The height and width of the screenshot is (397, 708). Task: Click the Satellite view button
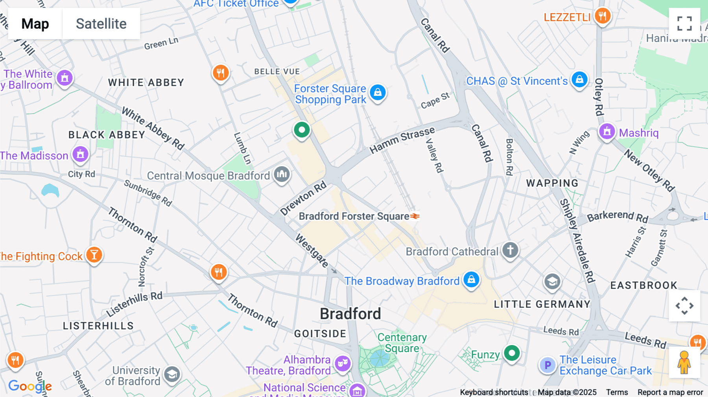(x=101, y=24)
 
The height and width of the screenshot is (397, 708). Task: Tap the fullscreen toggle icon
(x=684, y=24)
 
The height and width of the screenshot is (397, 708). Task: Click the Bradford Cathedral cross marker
(x=510, y=250)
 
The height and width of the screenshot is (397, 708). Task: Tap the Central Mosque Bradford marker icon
(x=282, y=174)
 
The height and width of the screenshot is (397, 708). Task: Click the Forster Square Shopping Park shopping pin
(x=378, y=93)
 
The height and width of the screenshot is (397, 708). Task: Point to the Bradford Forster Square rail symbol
(x=415, y=216)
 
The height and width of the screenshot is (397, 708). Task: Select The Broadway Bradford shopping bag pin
(x=471, y=280)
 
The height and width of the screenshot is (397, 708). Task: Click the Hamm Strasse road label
(x=402, y=140)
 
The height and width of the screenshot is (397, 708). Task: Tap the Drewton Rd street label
(x=303, y=198)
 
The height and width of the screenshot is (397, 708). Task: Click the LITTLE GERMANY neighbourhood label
(x=542, y=304)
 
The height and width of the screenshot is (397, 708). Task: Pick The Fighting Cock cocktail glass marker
(x=94, y=255)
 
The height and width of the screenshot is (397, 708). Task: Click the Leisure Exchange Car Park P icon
(x=548, y=365)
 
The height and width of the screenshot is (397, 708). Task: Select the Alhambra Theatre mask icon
(x=342, y=364)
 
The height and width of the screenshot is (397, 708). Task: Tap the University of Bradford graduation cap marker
(x=172, y=375)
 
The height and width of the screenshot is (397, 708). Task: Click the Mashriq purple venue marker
(x=607, y=132)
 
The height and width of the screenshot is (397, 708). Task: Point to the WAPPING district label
(x=552, y=183)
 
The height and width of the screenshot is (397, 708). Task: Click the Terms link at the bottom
(x=617, y=392)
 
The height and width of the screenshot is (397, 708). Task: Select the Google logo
(x=30, y=386)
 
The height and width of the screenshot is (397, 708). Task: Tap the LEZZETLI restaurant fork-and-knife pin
(x=602, y=16)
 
